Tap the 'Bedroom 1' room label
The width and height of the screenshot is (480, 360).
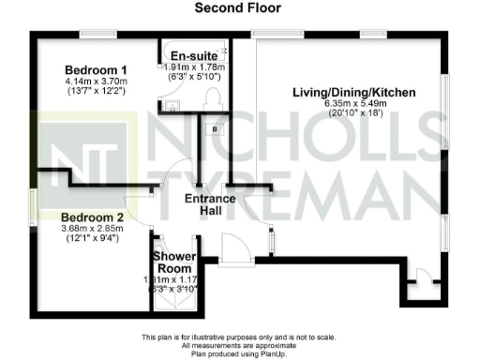[97, 70]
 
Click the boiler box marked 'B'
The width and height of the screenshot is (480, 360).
[215, 129]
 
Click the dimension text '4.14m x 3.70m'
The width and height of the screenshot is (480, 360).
[97, 83]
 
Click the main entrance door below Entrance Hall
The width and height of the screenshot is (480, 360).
[232, 250]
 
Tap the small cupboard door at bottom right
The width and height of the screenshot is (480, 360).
[425, 278]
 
